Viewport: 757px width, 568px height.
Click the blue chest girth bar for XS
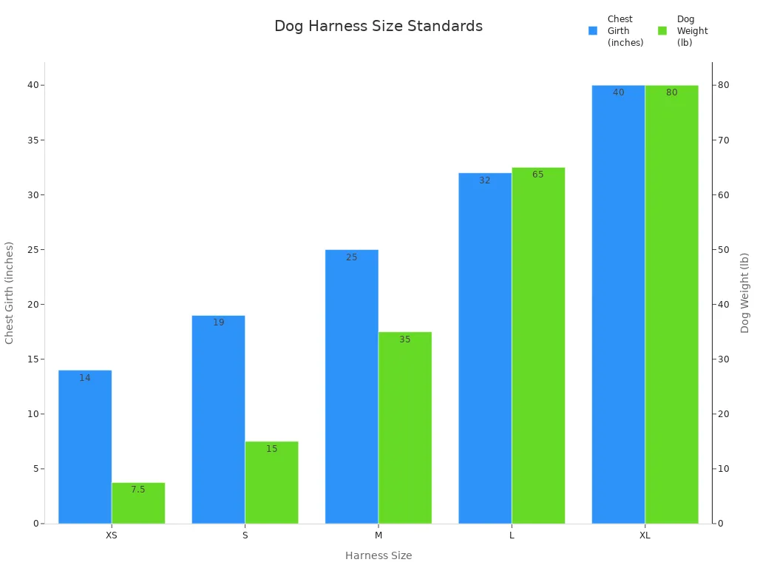coord(85,447)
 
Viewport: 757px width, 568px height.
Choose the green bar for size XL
coord(671,304)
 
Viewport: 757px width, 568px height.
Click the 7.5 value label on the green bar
coord(138,490)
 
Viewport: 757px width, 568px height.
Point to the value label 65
coord(538,175)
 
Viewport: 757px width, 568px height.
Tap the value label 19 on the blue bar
coord(219,322)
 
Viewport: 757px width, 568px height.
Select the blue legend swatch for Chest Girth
coord(593,31)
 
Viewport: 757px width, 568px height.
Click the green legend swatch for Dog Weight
coord(662,31)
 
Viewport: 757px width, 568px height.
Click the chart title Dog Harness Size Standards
coord(378,26)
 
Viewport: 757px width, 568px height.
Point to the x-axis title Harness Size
coord(378,555)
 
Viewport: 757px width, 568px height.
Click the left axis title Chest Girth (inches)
coord(10,292)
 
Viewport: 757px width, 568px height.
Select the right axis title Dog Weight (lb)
coord(745,292)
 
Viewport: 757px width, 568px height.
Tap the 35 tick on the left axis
coord(32,141)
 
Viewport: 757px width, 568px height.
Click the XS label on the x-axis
coord(112,535)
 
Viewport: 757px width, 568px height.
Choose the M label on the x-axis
coord(378,535)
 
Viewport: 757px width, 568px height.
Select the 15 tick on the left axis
coord(32,359)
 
